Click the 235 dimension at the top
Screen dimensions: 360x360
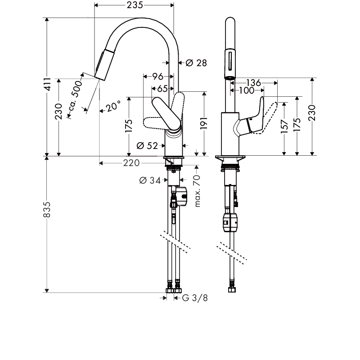[x=134, y=5]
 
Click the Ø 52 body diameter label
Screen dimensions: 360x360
[x=147, y=145]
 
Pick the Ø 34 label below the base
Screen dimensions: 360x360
[x=150, y=180]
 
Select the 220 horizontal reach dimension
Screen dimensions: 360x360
[x=131, y=163]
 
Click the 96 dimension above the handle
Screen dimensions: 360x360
[x=157, y=76]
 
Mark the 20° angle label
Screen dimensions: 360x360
[x=113, y=107]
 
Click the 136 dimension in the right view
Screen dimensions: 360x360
[x=254, y=83]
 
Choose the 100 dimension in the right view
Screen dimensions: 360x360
[x=247, y=91]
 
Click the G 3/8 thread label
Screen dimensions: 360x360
[x=194, y=298]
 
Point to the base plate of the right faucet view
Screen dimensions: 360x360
[x=231, y=158]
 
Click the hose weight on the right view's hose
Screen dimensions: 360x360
[x=230, y=222]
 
